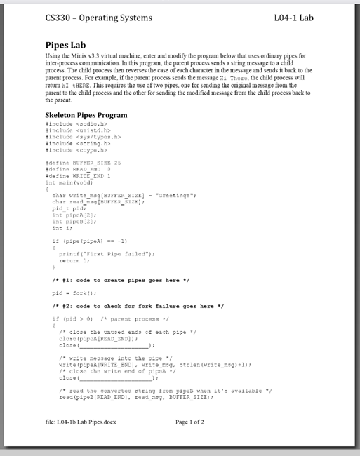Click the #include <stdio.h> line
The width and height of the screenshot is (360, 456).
[x=75, y=123]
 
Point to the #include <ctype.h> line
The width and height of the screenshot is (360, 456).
[x=75, y=149]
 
